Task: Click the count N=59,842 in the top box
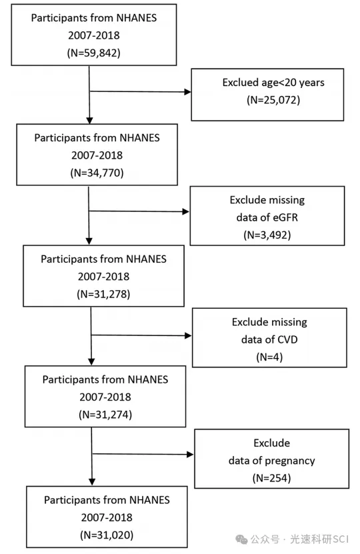coord(93,53)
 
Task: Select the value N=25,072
coord(273,100)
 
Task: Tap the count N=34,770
coord(97,173)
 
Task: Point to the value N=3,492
coord(267,235)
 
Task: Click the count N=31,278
coord(103,294)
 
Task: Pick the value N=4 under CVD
coord(269,357)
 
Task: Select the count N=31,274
coord(105,415)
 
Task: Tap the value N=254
coord(271,479)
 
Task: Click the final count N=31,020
coord(107,535)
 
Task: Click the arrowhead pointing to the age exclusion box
coord(187,92)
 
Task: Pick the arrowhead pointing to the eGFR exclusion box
coord(186,211)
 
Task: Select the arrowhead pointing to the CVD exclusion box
coord(188,335)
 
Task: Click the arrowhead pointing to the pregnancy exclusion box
coord(190,455)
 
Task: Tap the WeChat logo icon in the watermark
coord(241,539)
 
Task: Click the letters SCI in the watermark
coord(340,539)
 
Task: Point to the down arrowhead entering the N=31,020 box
coord(92,482)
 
